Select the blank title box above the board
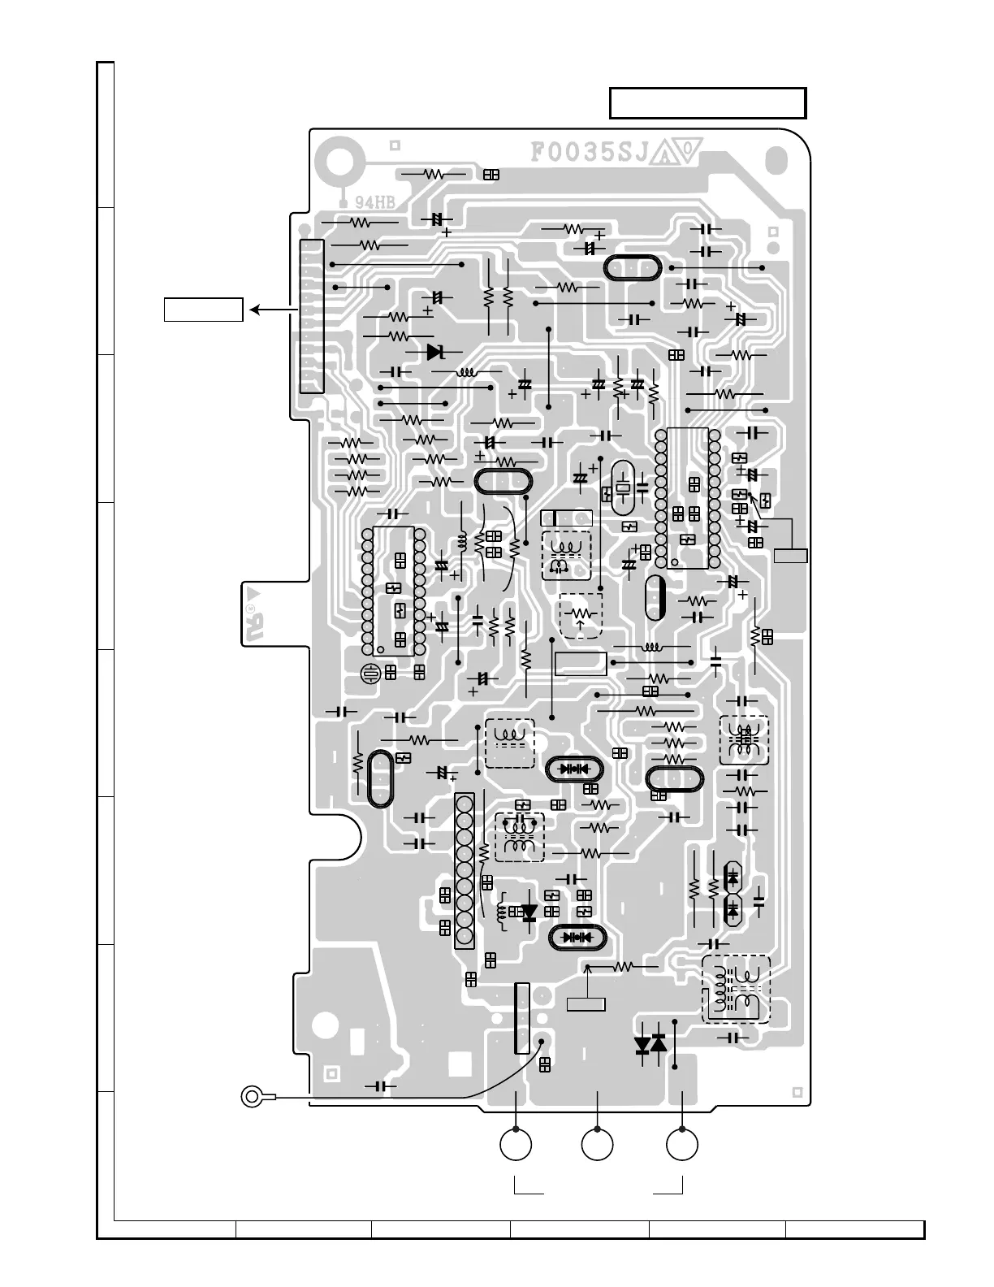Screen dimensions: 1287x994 (707, 103)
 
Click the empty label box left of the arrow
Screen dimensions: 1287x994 (203, 310)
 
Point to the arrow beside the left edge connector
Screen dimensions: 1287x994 (270, 310)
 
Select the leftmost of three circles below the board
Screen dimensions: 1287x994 (516, 1145)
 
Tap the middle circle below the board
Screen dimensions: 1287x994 (598, 1145)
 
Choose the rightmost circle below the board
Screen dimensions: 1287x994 (682, 1145)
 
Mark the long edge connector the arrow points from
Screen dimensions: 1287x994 (312, 316)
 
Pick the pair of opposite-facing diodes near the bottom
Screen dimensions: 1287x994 (650, 1044)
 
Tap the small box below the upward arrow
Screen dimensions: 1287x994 (586, 1004)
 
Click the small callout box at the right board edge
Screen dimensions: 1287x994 (790, 556)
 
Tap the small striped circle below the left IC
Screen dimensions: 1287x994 (372, 673)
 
